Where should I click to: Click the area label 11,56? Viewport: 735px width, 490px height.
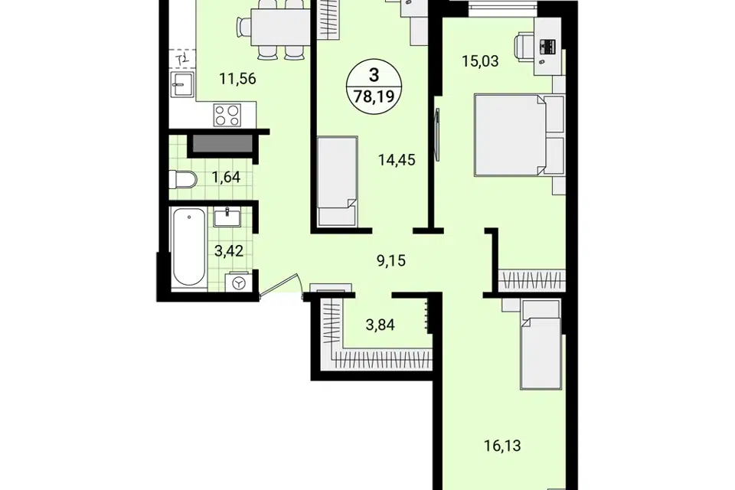pyautogui.click(x=237, y=78)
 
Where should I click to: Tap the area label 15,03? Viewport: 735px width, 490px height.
pyautogui.click(x=480, y=61)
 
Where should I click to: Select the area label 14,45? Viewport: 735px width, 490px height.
pyautogui.click(x=397, y=160)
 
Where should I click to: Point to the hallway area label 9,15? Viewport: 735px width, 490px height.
pyautogui.click(x=391, y=260)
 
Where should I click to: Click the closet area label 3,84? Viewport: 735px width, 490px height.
pyautogui.click(x=381, y=325)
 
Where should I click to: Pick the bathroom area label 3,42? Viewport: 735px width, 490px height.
pyautogui.click(x=229, y=251)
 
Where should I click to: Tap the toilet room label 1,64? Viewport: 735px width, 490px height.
pyautogui.click(x=226, y=178)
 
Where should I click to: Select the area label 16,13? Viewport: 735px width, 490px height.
pyautogui.click(x=502, y=445)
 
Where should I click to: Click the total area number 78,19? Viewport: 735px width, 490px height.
pyautogui.click(x=374, y=96)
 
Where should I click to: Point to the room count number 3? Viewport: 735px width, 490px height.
pyautogui.click(x=374, y=75)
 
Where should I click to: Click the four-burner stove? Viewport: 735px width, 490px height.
pyautogui.click(x=227, y=115)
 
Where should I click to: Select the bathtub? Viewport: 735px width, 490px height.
pyautogui.click(x=188, y=247)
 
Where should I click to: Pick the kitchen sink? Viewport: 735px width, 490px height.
pyautogui.click(x=182, y=85)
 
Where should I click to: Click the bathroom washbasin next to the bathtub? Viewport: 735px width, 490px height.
pyautogui.click(x=227, y=217)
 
